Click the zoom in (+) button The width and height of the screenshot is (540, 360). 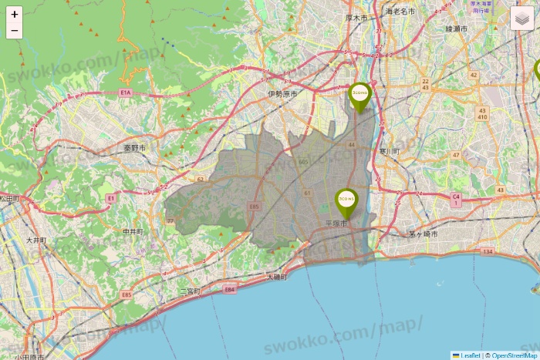coord(15,14)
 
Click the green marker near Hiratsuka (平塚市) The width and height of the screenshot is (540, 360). coord(346,202)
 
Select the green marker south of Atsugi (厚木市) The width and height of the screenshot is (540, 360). coord(359,96)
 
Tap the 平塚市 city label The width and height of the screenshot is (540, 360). coord(334,224)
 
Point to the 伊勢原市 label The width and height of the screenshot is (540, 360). coord(282,93)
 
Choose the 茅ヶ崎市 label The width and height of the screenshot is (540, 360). coord(423,234)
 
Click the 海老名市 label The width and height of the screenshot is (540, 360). coord(400,12)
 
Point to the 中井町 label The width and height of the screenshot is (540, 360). coord(133,230)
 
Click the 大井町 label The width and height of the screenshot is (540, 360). coord(36,241)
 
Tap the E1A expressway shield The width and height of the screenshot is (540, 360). coord(126,93)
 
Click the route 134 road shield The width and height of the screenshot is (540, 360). coord(488,251)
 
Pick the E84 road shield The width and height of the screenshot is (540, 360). coord(228,289)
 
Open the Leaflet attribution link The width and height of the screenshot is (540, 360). coord(470,355)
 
